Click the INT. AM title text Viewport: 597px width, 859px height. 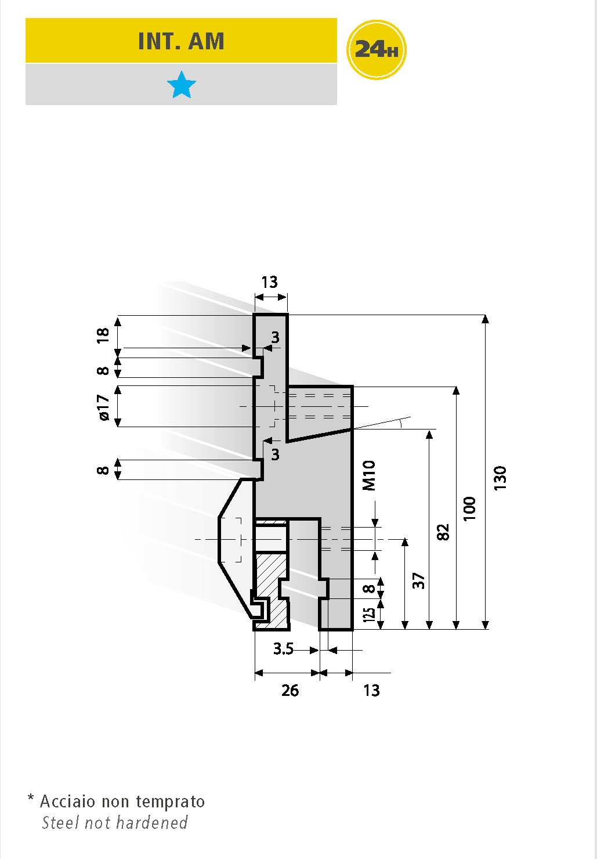181,41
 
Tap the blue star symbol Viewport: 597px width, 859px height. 182,85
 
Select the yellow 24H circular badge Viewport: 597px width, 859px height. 376,50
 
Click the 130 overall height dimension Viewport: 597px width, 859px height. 500,478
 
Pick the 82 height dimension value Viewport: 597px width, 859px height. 443,532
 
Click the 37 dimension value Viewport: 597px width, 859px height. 419,580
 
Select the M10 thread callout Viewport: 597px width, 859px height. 369,475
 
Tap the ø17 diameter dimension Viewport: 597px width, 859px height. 103,407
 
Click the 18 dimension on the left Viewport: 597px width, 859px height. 103,335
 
